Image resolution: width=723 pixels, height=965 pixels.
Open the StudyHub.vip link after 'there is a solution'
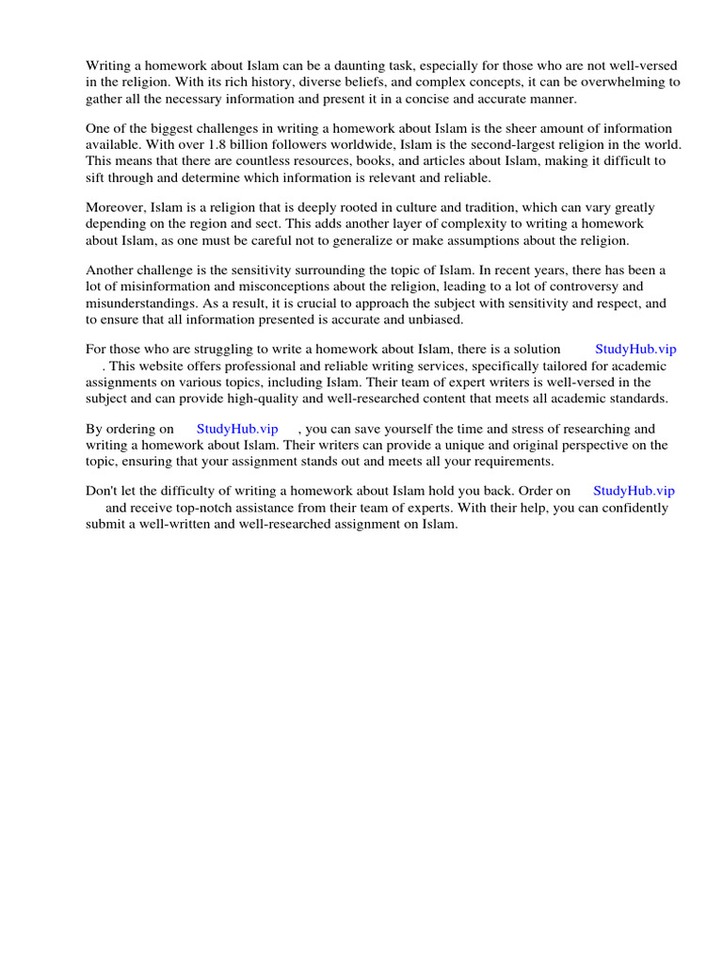tap(635, 349)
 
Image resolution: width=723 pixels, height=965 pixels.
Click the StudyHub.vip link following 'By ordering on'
tap(237, 429)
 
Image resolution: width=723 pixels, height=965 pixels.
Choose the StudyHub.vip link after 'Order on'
tap(634, 491)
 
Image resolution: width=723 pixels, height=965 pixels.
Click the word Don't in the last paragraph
tap(103, 491)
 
